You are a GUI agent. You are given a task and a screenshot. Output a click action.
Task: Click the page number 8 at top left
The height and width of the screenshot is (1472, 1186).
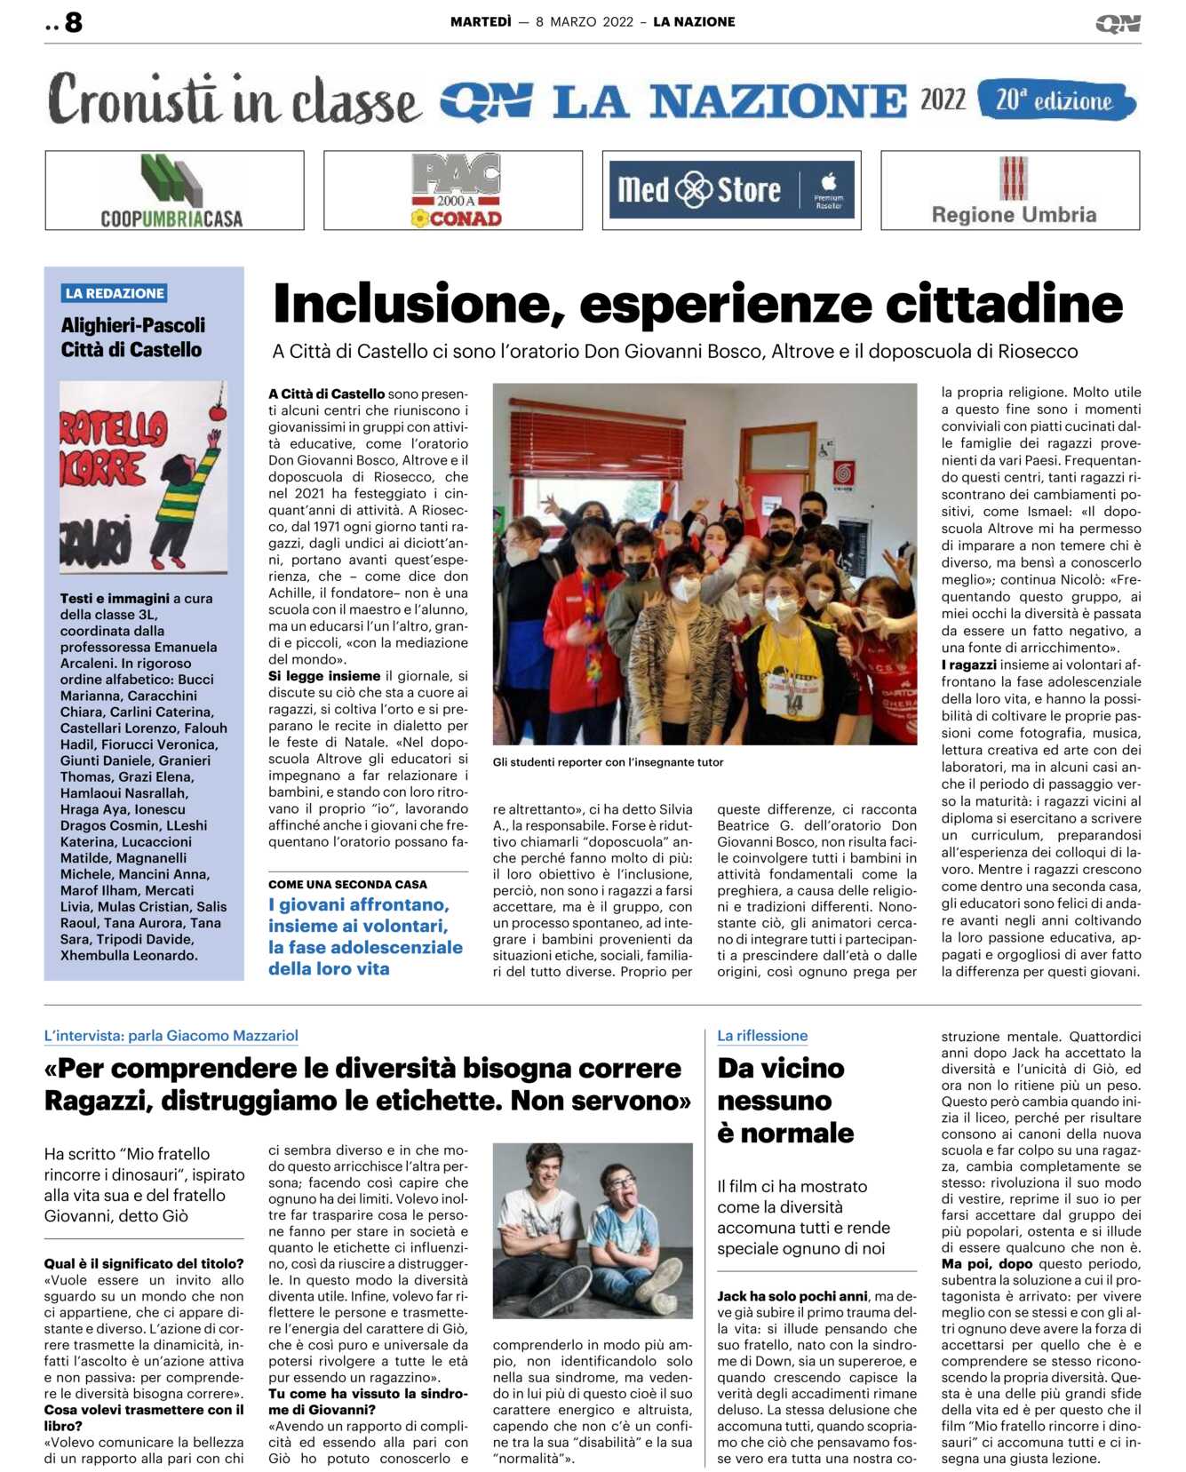point(73,22)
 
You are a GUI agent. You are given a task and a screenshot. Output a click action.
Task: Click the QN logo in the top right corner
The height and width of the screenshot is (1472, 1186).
point(1118,24)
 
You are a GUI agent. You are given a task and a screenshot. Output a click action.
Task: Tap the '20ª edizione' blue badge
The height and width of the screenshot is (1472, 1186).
point(1055,100)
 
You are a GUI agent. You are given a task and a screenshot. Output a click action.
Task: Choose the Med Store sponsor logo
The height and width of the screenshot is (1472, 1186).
point(731,190)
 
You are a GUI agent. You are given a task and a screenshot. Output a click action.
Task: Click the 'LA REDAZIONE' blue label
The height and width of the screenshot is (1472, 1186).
point(115,293)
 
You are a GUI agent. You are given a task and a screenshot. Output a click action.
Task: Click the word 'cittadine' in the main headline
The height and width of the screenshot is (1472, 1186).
point(1004,304)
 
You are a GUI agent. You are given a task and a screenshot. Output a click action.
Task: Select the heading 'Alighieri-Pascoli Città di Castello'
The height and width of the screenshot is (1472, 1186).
point(133,338)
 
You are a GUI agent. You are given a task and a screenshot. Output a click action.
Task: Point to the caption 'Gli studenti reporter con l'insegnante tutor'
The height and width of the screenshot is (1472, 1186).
point(609,762)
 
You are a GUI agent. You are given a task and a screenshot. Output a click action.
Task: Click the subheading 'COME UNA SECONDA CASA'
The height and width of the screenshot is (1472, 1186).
point(347,885)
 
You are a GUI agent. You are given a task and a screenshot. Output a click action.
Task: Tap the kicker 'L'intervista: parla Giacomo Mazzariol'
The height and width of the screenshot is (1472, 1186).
point(171,1036)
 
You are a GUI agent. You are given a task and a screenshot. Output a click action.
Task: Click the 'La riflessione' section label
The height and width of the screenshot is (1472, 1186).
point(762,1036)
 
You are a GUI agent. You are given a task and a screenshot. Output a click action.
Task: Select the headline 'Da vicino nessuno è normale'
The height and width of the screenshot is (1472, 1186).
point(785,1100)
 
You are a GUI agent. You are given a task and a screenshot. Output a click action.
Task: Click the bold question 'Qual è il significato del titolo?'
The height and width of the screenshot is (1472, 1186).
point(144,1263)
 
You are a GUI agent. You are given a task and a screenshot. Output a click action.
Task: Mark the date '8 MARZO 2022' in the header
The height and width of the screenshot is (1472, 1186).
point(585,22)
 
